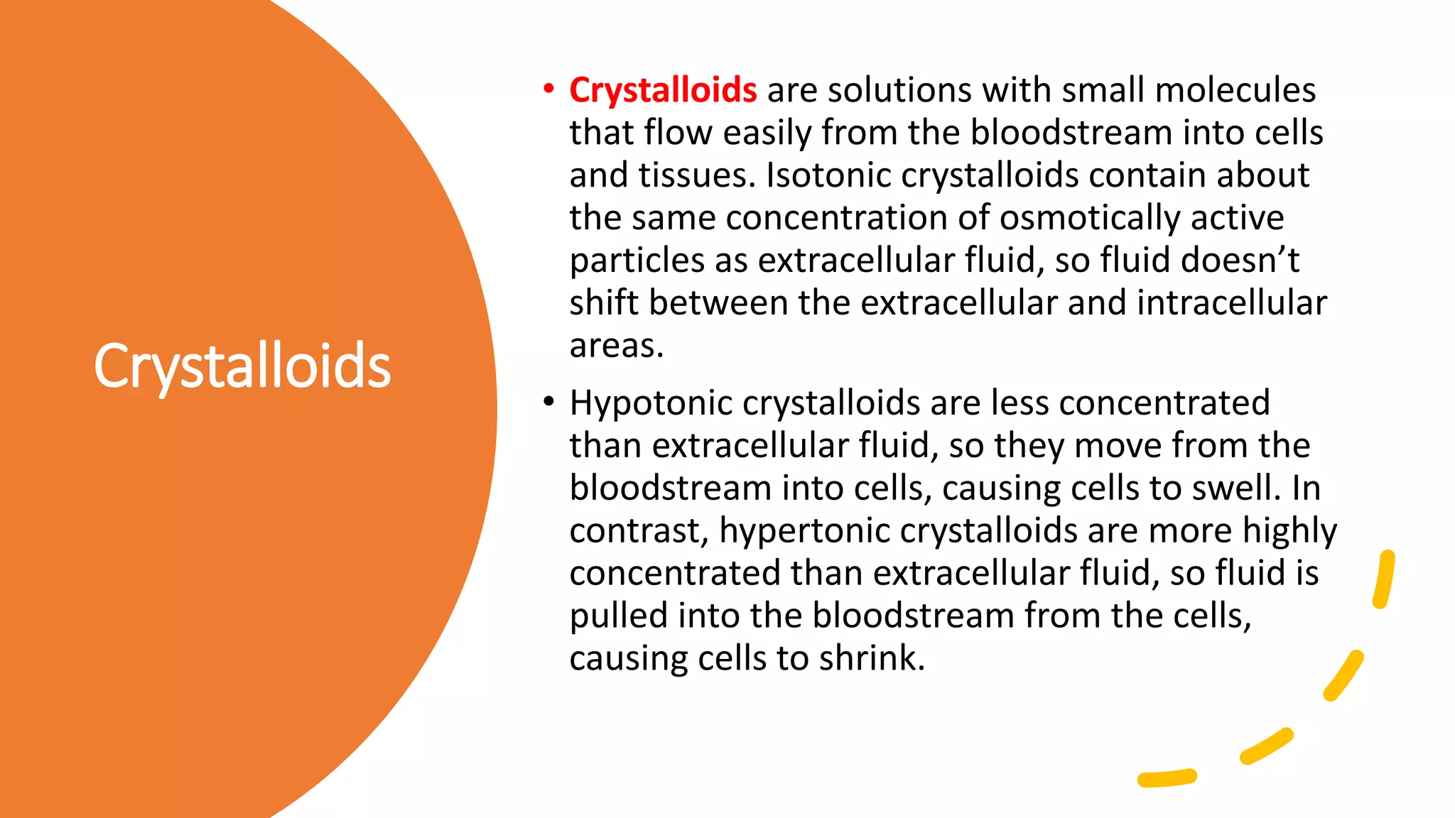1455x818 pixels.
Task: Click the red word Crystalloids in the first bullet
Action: [663, 91]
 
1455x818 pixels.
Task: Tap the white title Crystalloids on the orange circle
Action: [242, 366]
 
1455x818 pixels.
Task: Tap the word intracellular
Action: [1231, 303]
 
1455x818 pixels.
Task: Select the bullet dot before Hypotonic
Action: [548, 403]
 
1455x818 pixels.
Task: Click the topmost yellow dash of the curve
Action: [1384, 579]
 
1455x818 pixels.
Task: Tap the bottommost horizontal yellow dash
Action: [1167, 778]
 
